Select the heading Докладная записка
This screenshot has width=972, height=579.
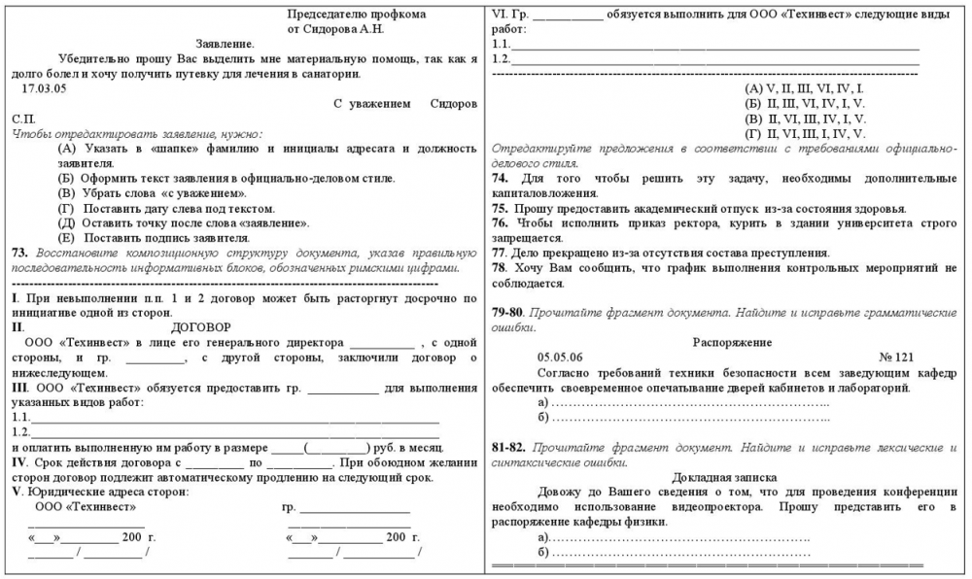(x=724, y=477)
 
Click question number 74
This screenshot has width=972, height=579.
(x=501, y=179)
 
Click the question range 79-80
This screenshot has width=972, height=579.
(x=509, y=313)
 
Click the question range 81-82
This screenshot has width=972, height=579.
(x=509, y=447)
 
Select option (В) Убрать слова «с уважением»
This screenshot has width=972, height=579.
(x=156, y=193)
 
